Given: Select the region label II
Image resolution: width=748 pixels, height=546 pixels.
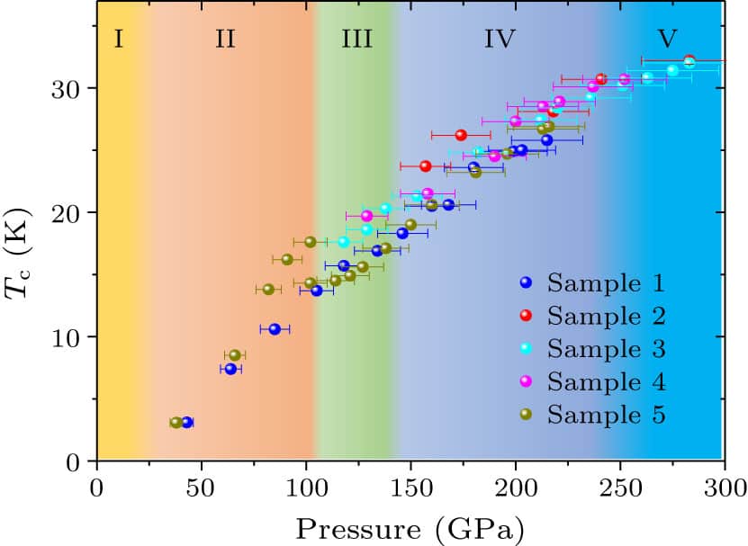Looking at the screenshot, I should pos(225,39).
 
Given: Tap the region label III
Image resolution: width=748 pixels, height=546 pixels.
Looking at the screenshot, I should pos(357,39).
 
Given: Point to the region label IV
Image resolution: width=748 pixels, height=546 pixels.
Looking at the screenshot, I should pos(500,39).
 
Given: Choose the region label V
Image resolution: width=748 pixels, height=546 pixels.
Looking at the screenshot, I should pos(666,39).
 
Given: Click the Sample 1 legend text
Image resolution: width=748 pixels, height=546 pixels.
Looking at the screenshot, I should pos(606,284).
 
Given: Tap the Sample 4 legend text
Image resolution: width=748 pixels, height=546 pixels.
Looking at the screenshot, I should pos(606,382).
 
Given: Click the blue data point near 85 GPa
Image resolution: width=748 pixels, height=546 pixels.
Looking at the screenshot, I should pos(275,329).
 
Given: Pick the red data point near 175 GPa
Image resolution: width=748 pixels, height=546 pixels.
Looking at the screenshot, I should pos(461,135).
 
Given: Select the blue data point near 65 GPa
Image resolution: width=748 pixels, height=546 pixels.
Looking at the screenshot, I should pos(230,369).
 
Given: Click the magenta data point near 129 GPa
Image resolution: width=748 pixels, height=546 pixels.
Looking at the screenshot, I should pos(366,216).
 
